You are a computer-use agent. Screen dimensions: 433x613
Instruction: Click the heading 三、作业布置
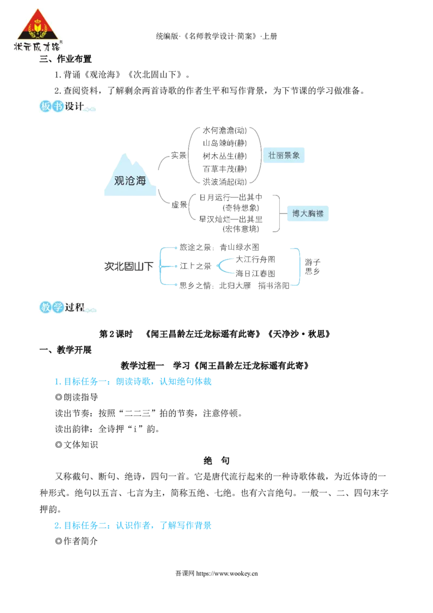point(65,59)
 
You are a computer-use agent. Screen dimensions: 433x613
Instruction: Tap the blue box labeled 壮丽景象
point(284,155)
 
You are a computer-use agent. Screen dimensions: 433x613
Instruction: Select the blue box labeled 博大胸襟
point(308,213)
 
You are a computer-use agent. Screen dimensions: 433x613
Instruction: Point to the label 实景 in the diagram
point(179,155)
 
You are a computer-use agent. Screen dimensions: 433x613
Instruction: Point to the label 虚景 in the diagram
point(179,205)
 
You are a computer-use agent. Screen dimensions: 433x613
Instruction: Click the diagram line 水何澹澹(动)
point(225,131)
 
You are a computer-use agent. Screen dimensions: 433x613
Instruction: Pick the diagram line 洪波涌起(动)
point(225,182)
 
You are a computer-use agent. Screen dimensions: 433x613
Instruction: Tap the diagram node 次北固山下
point(129,266)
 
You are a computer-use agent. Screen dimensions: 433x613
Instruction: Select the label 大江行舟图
point(255,259)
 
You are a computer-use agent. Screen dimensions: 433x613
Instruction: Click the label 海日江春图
point(255,273)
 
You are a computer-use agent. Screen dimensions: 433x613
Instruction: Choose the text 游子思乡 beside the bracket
point(312,266)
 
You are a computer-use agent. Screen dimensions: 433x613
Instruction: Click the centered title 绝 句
point(216,460)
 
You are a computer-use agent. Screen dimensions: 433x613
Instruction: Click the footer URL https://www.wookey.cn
point(227,573)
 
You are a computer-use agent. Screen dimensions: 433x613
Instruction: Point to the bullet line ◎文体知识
point(77,445)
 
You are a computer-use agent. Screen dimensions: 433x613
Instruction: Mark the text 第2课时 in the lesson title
point(116,334)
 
